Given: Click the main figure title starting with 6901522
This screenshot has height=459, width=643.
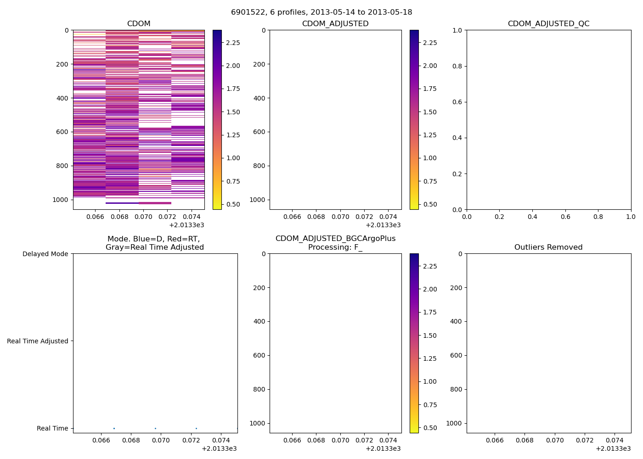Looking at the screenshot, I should tap(321, 12).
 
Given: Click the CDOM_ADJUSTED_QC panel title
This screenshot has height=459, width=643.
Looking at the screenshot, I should tap(548, 24).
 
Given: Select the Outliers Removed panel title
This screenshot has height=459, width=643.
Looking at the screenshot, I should tap(548, 247).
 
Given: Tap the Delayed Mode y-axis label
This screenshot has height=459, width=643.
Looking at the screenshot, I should tap(45, 254).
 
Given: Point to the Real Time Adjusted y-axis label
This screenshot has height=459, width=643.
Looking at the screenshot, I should tap(38, 341).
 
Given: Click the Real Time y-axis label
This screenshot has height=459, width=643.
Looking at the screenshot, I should tap(52, 428).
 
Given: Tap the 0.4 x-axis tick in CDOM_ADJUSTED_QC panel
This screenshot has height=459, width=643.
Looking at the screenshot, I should tap(532, 217).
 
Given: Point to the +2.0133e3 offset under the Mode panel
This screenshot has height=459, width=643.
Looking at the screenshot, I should tap(219, 448).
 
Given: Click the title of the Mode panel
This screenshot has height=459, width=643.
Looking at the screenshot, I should tap(155, 243).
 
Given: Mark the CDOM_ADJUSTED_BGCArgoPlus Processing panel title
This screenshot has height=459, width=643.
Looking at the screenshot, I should tap(335, 243).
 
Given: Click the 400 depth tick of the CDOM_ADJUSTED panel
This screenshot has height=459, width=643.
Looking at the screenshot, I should tap(259, 98).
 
